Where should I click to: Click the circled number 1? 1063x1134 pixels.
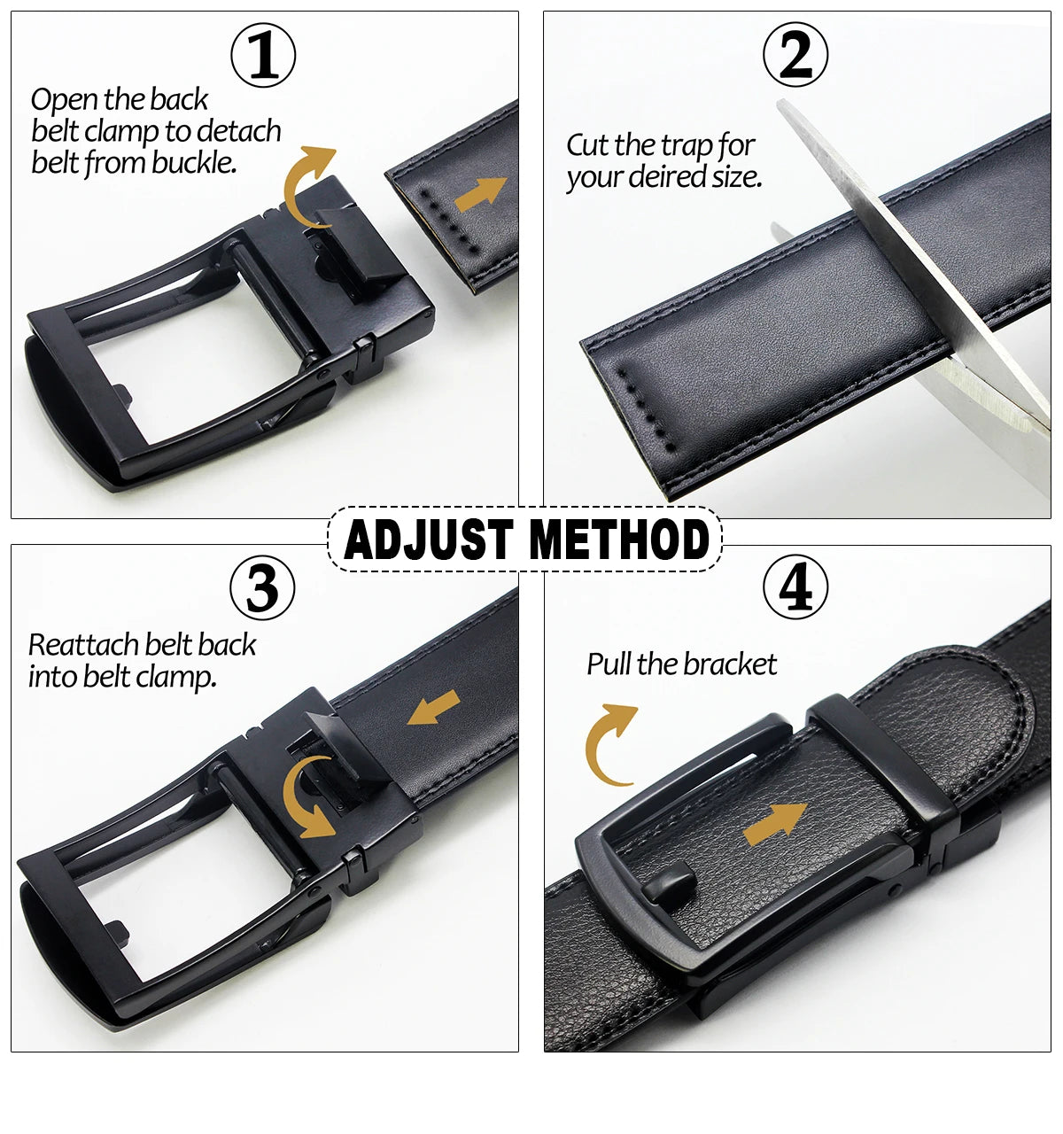coord(263,55)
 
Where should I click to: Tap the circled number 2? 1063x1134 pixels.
coord(795,55)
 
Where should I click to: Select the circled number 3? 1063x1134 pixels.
coord(263,587)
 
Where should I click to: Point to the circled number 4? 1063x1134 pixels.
coord(795,586)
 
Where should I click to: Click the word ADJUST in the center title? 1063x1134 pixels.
coord(428,539)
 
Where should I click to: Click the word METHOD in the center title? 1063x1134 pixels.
coord(619,539)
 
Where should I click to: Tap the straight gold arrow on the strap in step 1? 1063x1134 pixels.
coord(480,193)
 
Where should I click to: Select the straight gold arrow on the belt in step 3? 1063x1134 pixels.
coord(433,707)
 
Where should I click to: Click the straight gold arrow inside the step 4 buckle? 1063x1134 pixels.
coord(776,823)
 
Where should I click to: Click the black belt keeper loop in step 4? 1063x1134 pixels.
coord(882,759)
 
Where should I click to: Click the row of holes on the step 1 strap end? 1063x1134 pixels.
coord(449,221)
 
